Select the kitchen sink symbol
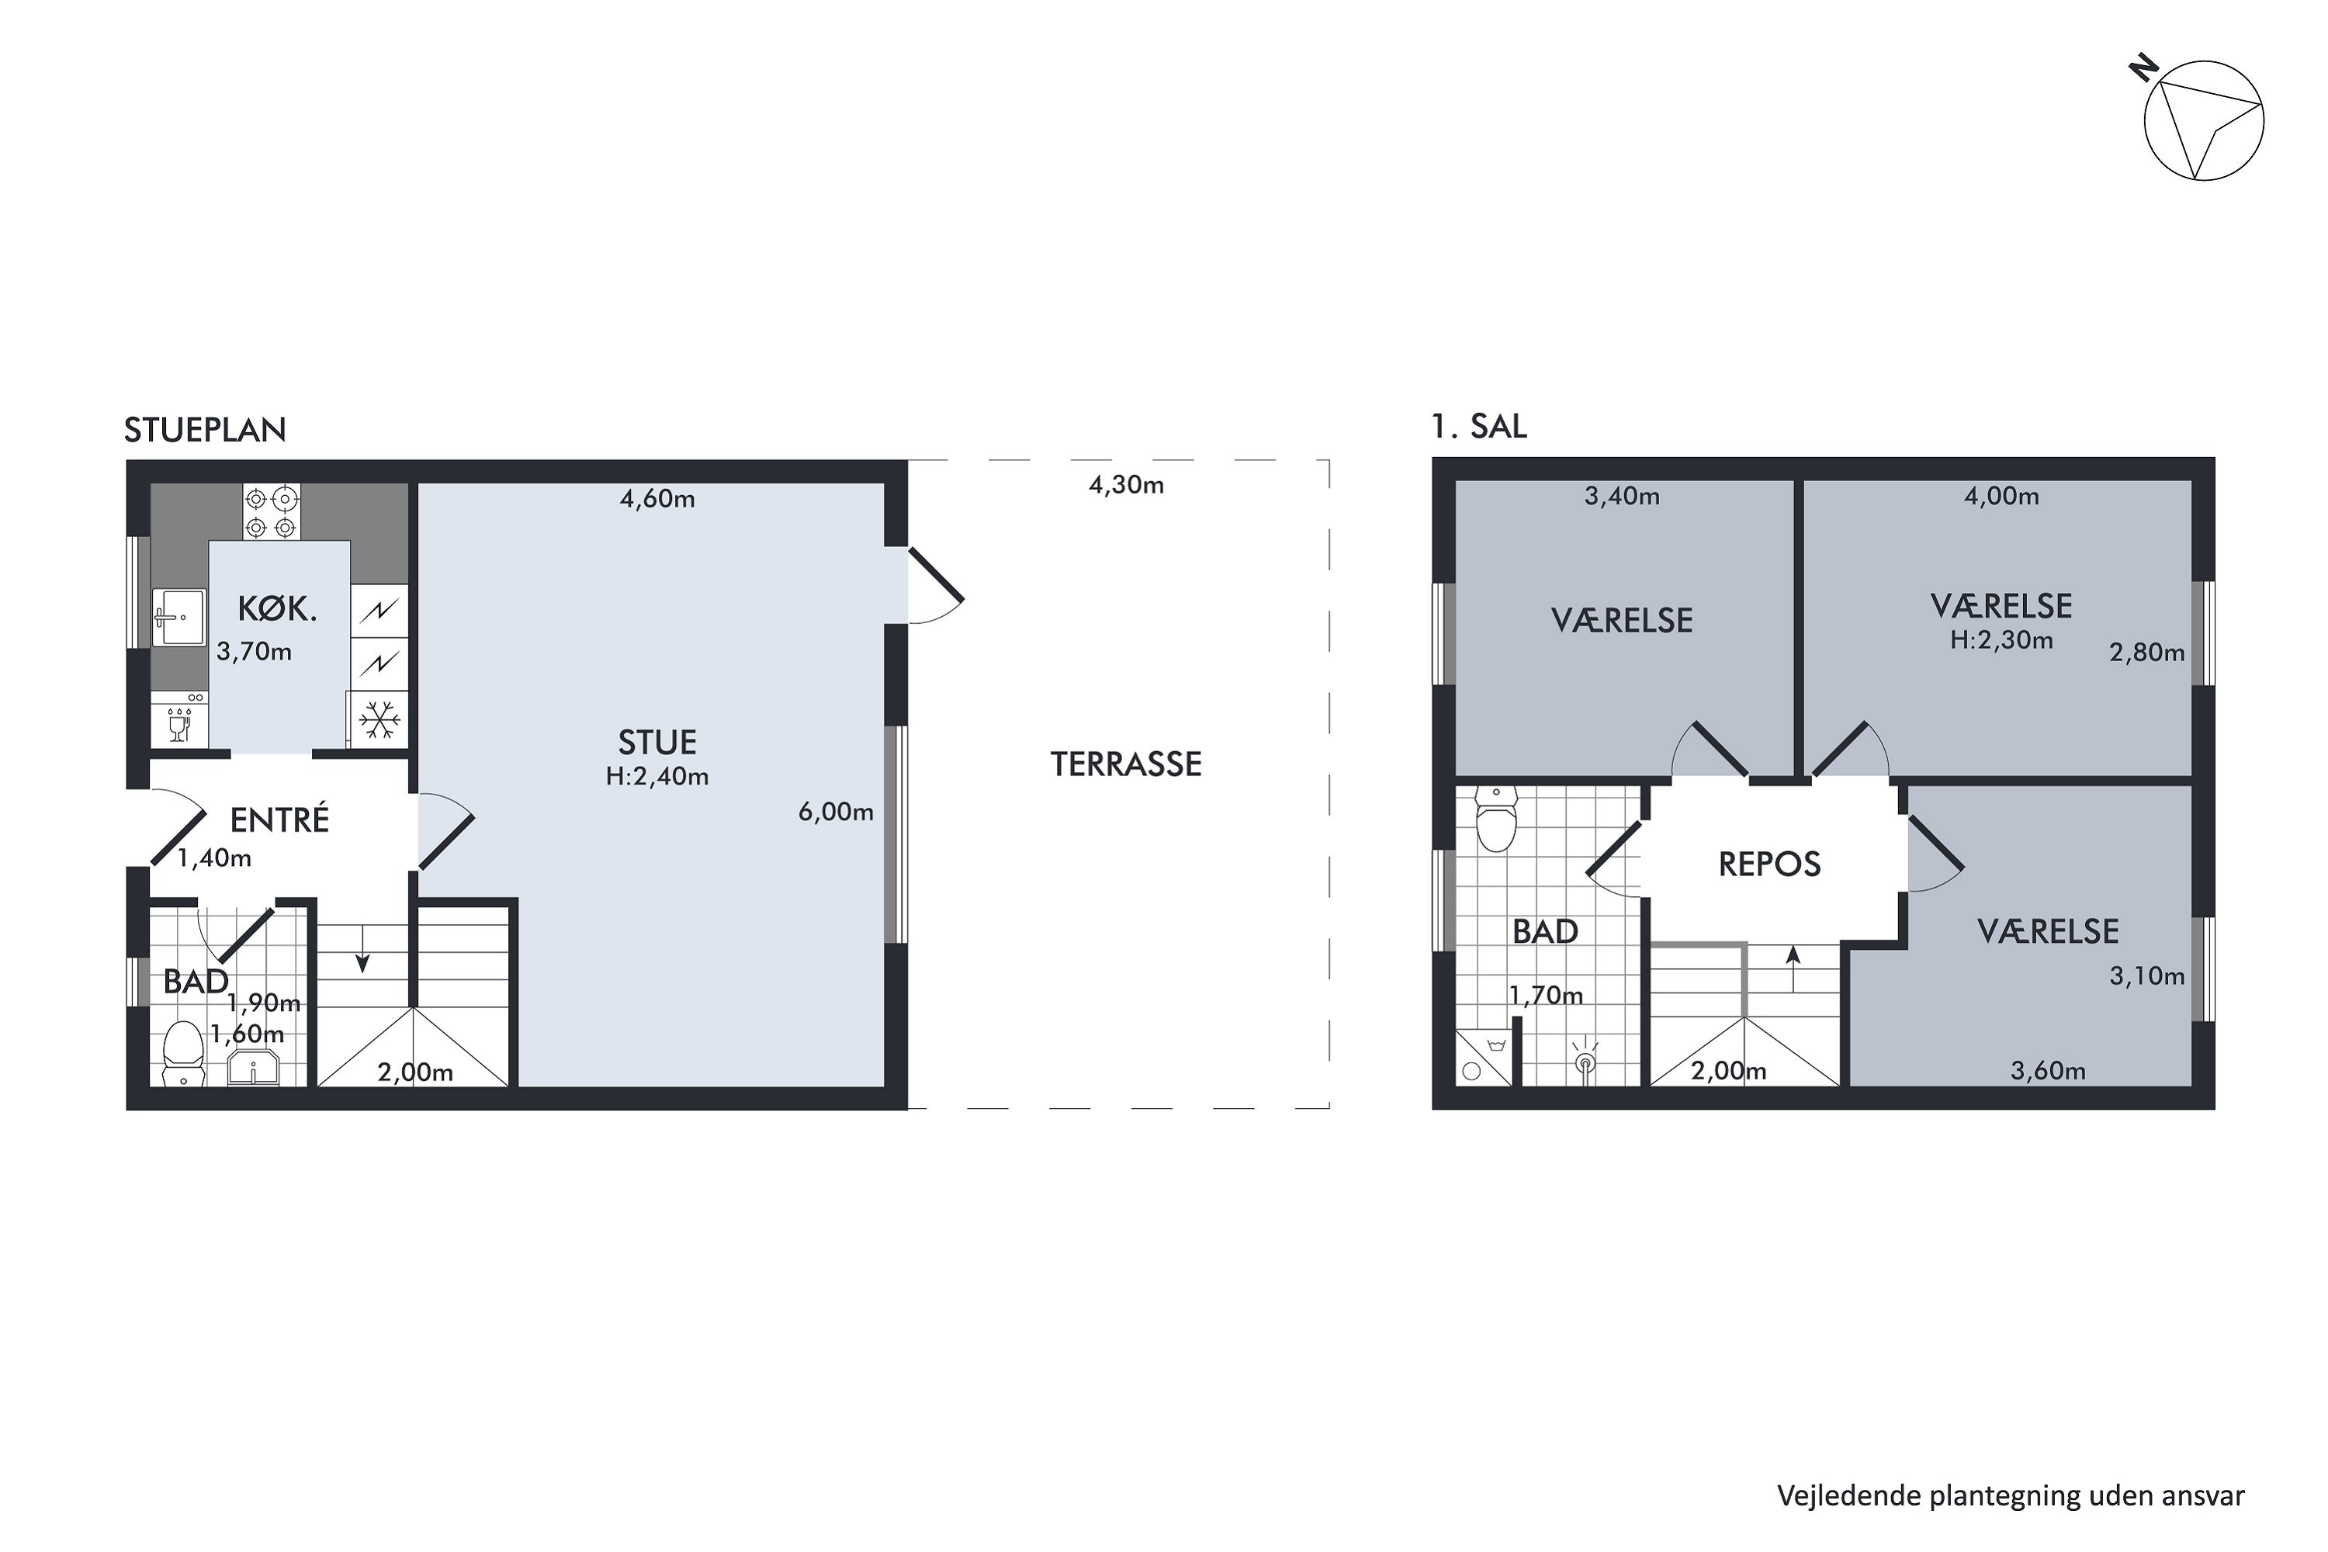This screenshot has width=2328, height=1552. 179,618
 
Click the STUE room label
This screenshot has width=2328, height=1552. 657,743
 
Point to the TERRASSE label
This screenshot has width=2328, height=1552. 1125,764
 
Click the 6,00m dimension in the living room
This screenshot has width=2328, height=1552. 836,812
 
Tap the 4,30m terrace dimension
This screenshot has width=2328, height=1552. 1127,485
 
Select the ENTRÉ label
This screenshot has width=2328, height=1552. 279,819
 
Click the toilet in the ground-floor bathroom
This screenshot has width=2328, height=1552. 182,1055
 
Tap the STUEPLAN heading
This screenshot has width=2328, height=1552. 205,430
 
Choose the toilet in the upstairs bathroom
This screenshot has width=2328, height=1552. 1495,819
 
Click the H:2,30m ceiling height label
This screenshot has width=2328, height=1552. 2001,640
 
